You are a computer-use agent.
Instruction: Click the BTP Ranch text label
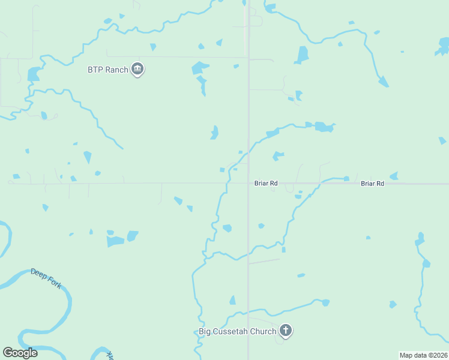click(x=108, y=70)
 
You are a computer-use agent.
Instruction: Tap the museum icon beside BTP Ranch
click(x=138, y=70)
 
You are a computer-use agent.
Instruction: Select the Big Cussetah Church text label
click(x=238, y=331)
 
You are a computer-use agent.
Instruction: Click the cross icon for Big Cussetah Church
click(x=286, y=331)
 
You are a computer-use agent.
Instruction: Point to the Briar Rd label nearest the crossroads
click(x=265, y=184)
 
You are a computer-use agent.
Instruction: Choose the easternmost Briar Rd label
click(x=372, y=184)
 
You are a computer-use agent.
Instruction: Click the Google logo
click(x=20, y=353)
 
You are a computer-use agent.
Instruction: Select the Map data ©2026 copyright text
click(x=423, y=355)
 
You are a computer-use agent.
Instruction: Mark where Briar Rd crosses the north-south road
click(x=249, y=184)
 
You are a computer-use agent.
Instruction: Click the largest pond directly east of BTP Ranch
click(x=200, y=68)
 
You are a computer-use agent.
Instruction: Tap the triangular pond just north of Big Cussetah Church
click(x=232, y=300)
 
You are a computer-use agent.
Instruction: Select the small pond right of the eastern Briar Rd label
click(x=394, y=176)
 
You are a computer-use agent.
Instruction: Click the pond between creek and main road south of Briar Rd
click(x=227, y=228)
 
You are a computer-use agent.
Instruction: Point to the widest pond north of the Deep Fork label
click(x=115, y=241)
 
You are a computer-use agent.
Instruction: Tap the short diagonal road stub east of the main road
click(x=264, y=261)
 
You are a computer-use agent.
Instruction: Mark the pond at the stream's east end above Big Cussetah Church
click(x=325, y=302)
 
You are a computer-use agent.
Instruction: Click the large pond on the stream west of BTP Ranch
click(x=32, y=74)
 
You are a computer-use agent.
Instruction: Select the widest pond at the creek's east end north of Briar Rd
click(x=324, y=127)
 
